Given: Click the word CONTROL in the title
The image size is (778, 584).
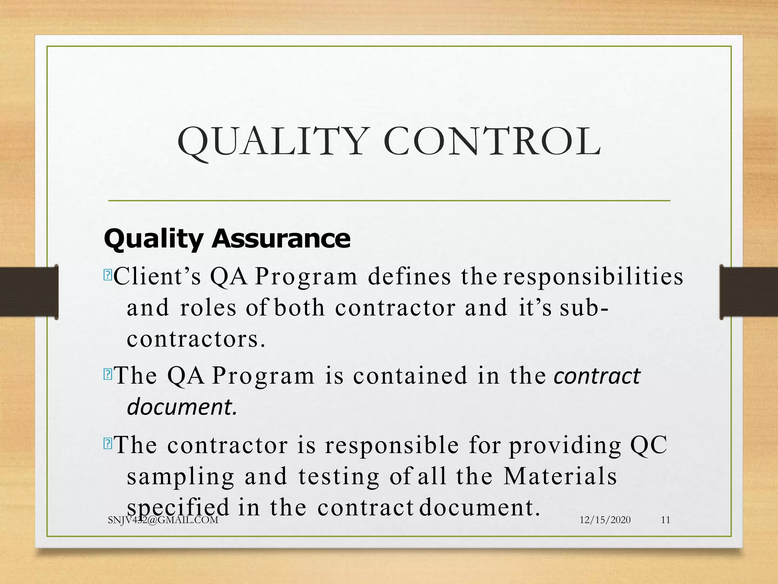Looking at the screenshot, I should click(492, 142).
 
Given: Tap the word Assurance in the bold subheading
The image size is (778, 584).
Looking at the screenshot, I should click(281, 239).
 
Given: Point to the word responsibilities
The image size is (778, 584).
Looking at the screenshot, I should click(593, 277).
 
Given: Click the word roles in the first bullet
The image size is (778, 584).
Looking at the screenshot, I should click(208, 308).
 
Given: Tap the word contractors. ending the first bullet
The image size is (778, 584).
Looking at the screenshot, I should click(196, 339).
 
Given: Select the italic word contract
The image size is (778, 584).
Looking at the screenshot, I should click(597, 376).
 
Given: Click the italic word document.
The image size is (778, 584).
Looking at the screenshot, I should click(182, 407).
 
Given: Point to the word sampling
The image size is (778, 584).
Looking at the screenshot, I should click(181, 477).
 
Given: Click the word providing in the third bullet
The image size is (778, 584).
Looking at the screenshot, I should click(565, 446).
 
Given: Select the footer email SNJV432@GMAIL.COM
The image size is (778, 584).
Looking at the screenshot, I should click(163, 520).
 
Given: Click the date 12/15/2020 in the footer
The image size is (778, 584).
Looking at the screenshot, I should click(605, 520).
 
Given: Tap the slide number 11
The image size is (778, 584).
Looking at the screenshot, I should click(666, 520).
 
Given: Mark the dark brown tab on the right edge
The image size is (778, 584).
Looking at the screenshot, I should click(748, 292).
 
